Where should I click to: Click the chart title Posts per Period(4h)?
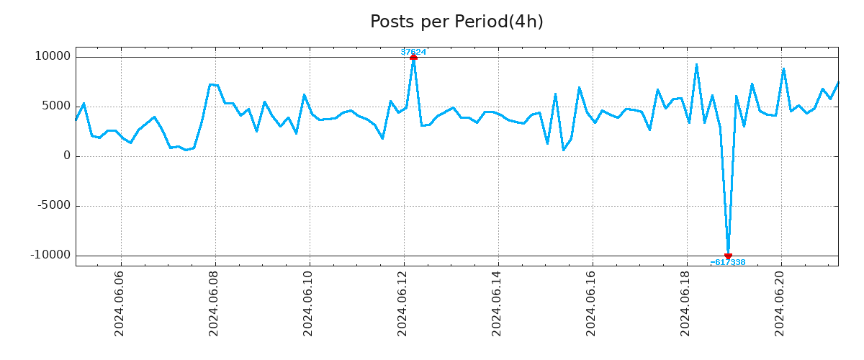point(456,22)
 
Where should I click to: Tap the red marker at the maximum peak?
point(413,57)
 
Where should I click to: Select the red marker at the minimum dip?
point(728,256)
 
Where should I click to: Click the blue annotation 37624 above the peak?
point(413,52)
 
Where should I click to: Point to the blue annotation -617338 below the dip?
point(728,263)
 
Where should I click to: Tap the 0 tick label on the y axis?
point(67,156)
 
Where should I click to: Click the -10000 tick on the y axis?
point(50,256)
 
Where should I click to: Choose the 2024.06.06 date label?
point(120,304)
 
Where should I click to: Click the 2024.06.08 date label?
point(215,304)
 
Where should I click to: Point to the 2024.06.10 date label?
point(309,304)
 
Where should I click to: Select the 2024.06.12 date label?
point(403,304)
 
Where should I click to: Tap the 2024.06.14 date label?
point(498,304)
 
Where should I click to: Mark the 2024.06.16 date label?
point(592,304)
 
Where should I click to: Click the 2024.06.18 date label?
point(686,304)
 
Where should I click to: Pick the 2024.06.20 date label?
point(780,304)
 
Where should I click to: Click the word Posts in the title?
point(389,22)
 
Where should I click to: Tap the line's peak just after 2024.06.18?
point(696,65)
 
